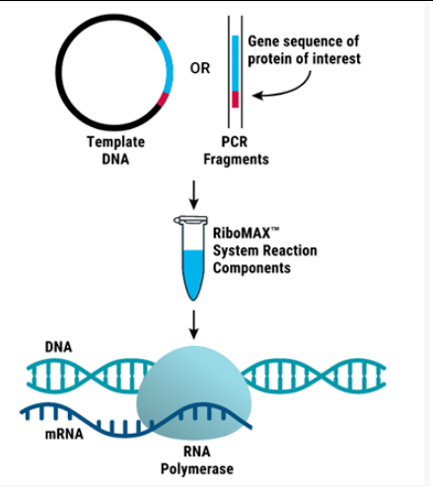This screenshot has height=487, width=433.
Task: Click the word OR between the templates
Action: (x=200, y=68)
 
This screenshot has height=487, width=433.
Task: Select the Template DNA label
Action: (x=115, y=151)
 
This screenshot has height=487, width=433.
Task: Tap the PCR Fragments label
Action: (x=236, y=151)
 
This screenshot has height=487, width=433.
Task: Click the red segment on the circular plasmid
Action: (x=163, y=100)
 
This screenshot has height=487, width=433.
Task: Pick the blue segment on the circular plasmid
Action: (x=169, y=67)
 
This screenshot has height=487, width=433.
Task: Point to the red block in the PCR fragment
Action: (x=235, y=100)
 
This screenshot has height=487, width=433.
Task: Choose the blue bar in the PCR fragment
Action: (x=235, y=63)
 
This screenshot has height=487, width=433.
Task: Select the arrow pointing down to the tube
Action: (x=194, y=195)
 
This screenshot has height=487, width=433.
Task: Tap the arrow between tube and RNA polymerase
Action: (x=194, y=324)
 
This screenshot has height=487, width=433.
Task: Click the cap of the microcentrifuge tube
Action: (x=190, y=220)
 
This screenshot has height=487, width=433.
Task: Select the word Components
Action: (x=252, y=268)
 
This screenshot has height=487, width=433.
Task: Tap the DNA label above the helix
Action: (x=58, y=347)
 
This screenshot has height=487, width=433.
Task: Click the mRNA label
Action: (x=64, y=434)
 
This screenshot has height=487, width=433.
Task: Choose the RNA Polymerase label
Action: (x=197, y=459)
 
